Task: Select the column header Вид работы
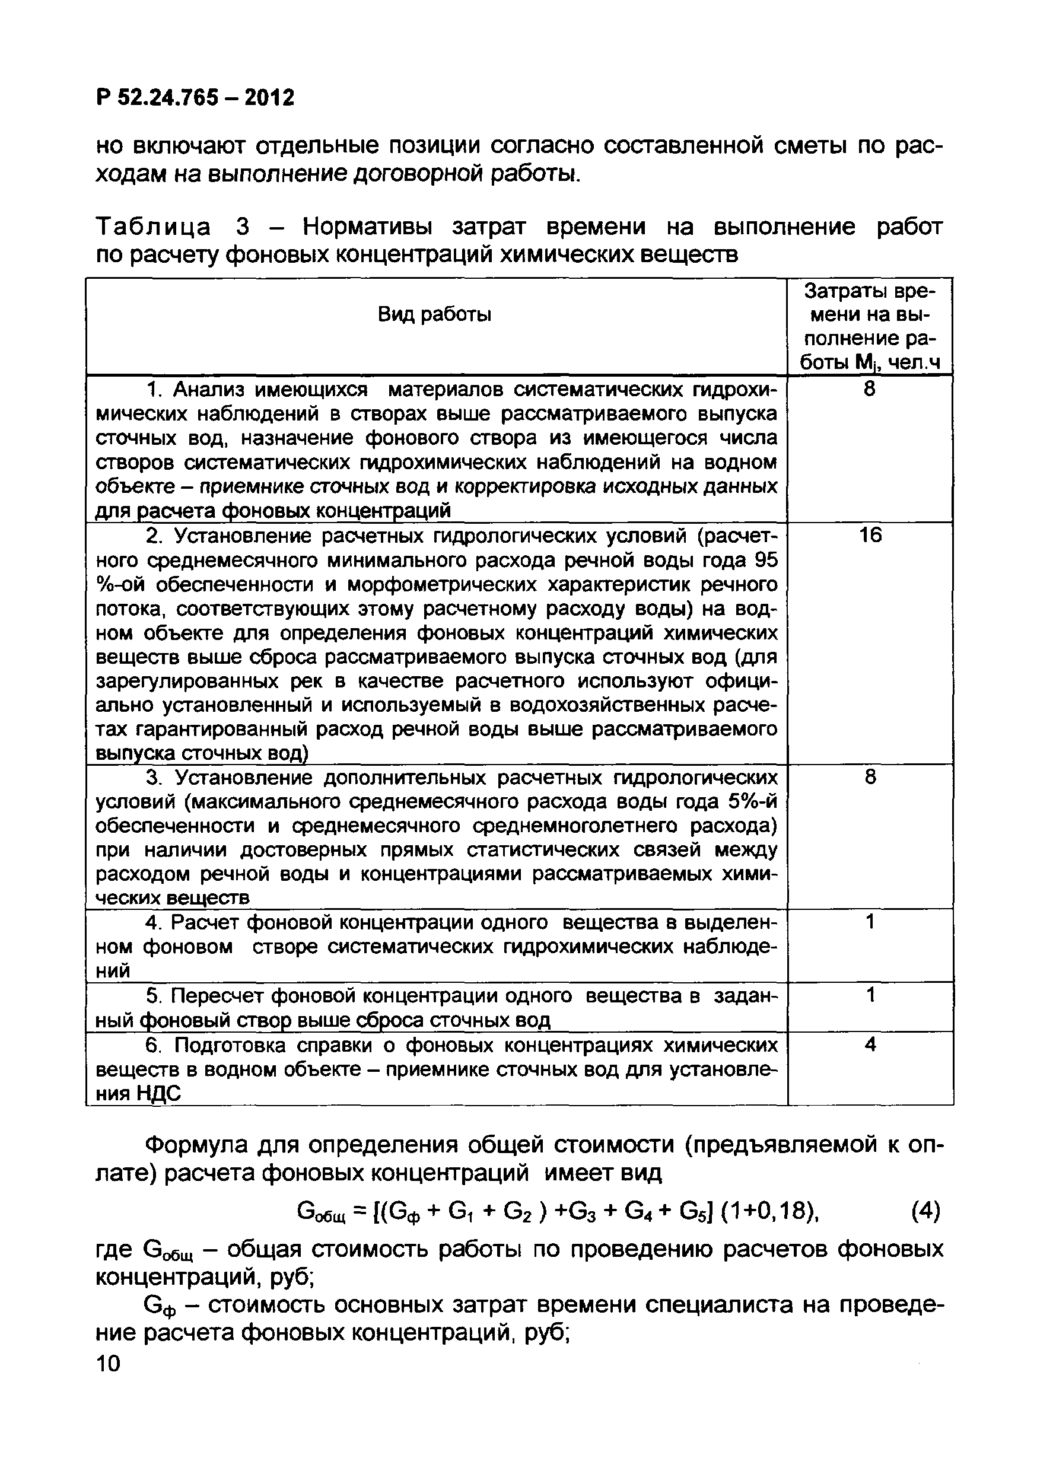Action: [434, 314]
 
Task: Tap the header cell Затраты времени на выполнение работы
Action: [870, 327]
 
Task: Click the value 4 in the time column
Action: [870, 1045]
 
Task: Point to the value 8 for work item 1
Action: [870, 389]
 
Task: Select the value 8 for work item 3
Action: [870, 777]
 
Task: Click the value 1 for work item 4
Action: [870, 922]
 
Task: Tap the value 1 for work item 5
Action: [870, 995]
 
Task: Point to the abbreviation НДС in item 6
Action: [159, 1094]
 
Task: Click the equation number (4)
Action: [925, 1211]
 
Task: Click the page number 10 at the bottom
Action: [107, 1364]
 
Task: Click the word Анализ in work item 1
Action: [209, 390]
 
